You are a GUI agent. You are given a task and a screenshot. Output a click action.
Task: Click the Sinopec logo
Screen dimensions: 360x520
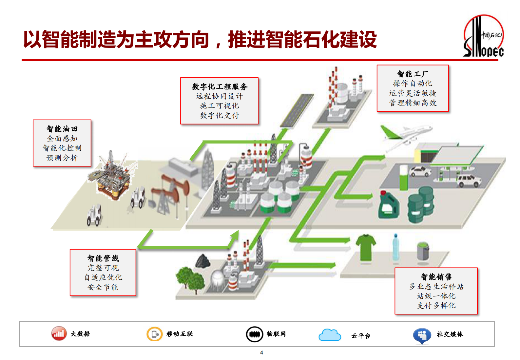483,37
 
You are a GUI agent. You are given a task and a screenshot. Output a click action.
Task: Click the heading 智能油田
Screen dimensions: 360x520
62,129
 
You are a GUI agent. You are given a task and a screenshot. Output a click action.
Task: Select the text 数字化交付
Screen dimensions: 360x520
219,115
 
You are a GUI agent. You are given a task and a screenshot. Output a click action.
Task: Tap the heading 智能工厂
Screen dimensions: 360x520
413,74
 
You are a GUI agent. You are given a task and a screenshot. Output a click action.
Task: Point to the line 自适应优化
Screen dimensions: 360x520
103,277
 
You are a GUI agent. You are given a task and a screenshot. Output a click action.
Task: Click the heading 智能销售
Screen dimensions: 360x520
436,277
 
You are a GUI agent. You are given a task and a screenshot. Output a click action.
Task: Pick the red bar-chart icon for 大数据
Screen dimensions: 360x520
59,334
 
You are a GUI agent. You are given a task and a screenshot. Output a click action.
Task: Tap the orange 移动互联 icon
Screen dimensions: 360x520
154,334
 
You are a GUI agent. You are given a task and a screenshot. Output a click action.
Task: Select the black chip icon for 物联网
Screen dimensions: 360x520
255,334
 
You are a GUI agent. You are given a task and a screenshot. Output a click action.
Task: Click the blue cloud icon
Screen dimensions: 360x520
330,335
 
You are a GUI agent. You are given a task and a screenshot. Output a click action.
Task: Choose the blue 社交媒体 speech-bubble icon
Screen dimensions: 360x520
422,335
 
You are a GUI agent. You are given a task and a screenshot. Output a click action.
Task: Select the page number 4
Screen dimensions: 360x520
261,352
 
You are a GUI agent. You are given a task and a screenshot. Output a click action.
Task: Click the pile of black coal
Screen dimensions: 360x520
203,261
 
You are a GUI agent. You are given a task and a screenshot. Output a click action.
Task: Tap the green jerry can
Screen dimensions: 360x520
389,205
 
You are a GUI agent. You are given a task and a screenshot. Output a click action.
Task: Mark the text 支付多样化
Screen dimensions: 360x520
436,305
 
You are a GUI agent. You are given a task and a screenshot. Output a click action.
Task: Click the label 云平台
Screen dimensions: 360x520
361,336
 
